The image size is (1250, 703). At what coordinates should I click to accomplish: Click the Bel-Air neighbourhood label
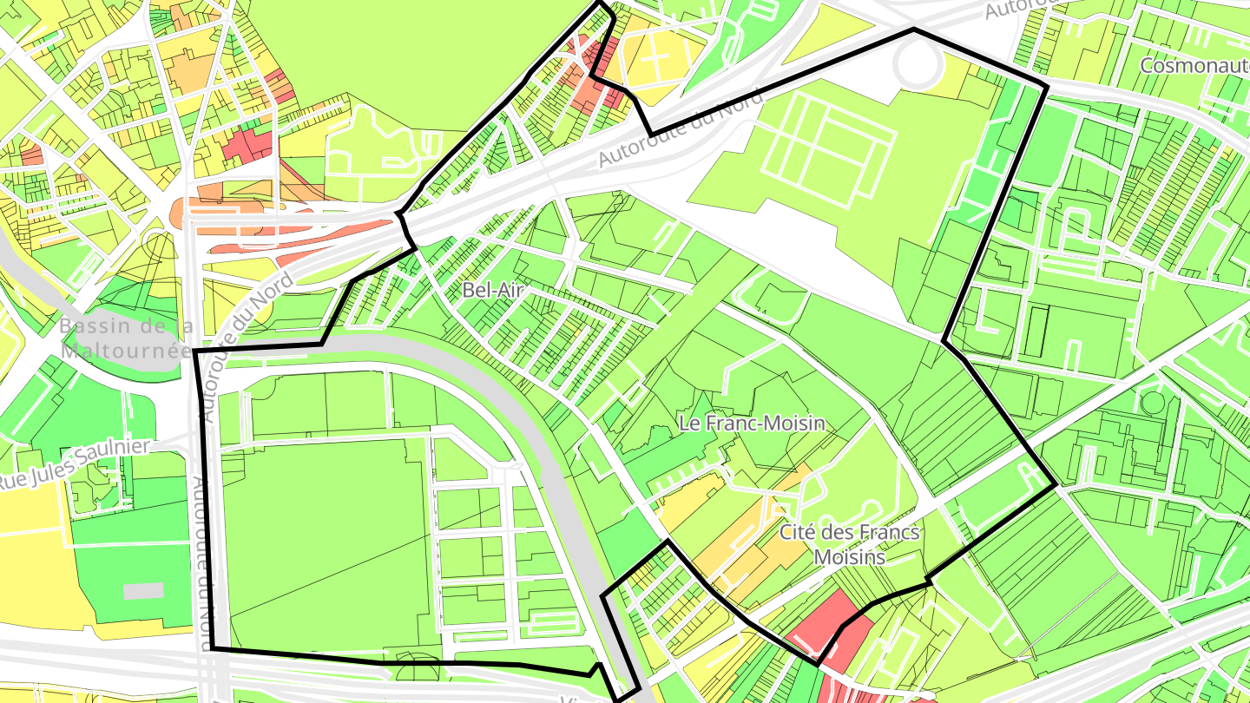click(x=493, y=291)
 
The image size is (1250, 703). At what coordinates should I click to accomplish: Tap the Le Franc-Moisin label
click(x=752, y=424)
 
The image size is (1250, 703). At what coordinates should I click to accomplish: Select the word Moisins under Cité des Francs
click(x=850, y=556)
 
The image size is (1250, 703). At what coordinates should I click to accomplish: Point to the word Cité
click(x=799, y=532)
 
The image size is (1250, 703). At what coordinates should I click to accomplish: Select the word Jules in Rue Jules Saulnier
click(x=53, y=471)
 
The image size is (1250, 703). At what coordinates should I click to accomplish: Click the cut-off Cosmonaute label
click(x=1194, y=65)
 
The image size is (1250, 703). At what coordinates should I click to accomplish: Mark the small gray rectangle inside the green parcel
click(x=142, y=591)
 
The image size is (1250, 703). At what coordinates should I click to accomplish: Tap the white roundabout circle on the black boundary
click(x=921, y=63)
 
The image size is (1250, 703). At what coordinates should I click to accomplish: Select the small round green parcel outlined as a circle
click(x=1152, y=402)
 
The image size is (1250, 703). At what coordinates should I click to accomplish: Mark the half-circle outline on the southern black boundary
click(x=418, y=667)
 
